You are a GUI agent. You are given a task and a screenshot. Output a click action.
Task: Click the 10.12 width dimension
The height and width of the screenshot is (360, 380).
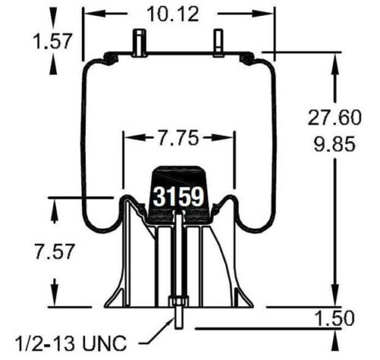[x=158, y=13]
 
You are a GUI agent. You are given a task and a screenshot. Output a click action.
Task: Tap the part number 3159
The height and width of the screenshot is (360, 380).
[x=179, y=197]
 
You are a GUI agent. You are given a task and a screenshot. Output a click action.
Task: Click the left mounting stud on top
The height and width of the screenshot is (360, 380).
[x=141, y=42]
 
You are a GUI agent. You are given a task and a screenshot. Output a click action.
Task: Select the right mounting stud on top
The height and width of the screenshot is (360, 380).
[x=218, y=42]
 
